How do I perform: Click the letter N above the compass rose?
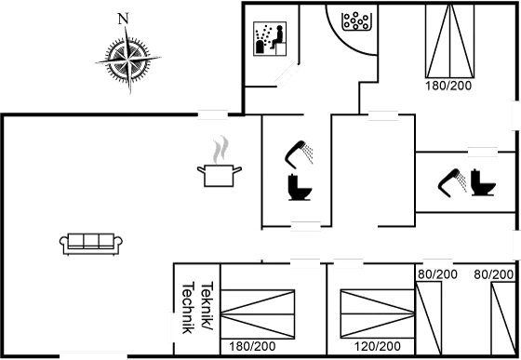click(x=124, y=18)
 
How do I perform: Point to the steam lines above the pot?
click(x=220, y=148)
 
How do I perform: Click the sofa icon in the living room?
click(x=90, y=243)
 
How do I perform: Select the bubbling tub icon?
click(x=356, y=21)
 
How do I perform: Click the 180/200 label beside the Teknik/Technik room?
click(x=252, y=346)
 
